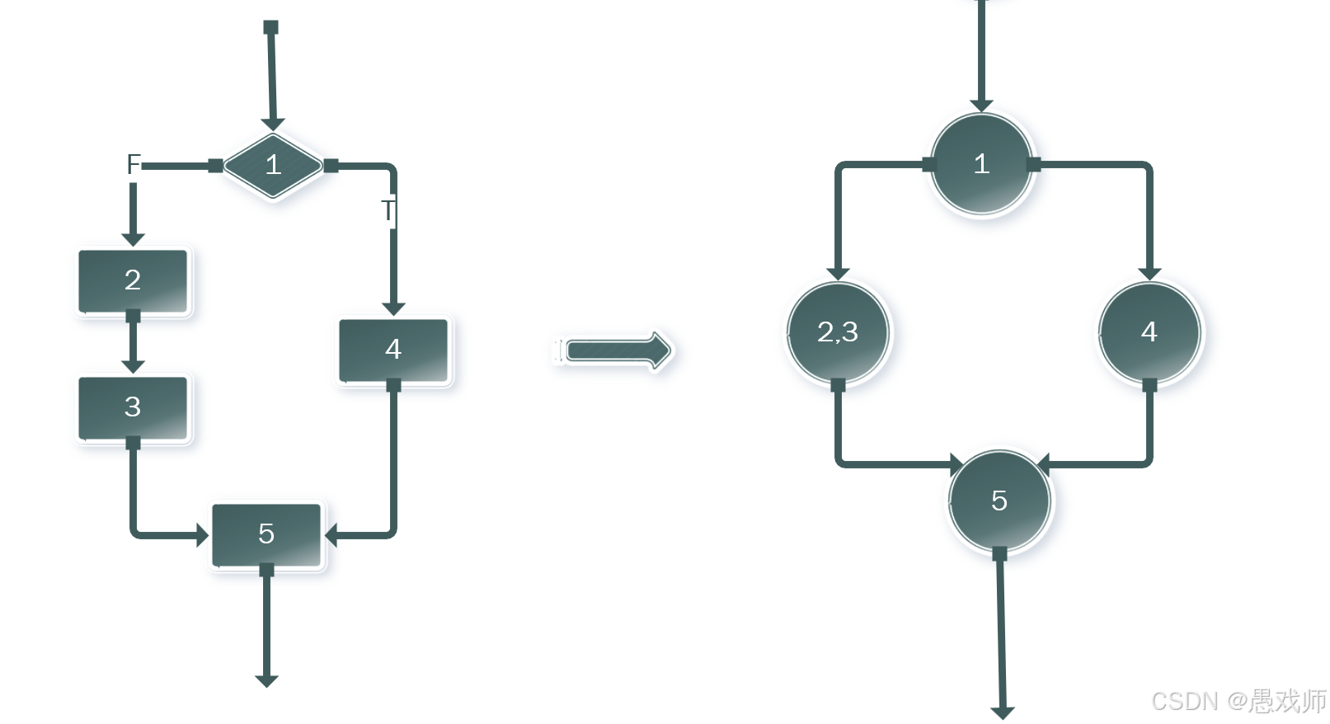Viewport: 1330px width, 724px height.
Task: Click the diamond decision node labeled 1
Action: click(273, 165)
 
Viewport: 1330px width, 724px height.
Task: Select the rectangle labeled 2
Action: click(133, 280)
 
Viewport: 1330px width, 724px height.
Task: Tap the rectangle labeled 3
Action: click(133, 407)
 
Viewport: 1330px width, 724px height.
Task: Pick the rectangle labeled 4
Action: click(393, 350)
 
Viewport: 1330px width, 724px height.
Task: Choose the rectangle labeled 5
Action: click(266, 534)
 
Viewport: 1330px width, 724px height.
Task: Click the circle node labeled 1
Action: click(981, 164)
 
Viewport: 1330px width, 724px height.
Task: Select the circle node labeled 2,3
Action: click(838, 332)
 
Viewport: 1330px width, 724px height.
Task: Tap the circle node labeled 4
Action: click(1149, 332)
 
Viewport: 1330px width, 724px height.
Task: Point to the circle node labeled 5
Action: click(999, 501)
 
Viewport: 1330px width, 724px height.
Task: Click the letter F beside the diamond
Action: click(134, 164)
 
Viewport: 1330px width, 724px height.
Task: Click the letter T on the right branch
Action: click(388, 211)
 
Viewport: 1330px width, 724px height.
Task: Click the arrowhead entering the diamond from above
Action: click(272, 125)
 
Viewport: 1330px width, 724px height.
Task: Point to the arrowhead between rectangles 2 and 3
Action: click(133, 366)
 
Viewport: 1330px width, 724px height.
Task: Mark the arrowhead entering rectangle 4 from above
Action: click(393, 308)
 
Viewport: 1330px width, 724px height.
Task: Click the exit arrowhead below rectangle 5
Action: click(266, 680)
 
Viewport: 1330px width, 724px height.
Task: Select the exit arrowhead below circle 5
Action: click(1003, 712)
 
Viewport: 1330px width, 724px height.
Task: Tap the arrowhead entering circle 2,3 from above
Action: click(838, 273)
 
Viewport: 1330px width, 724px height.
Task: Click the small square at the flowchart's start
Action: click(270, 27)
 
